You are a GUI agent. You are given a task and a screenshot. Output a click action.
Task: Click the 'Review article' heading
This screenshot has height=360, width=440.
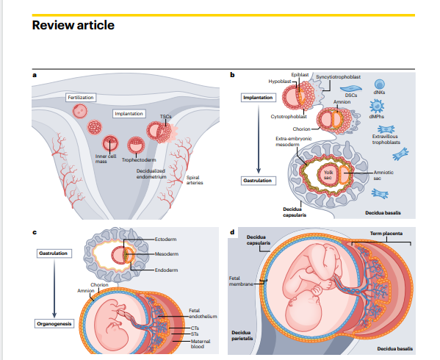point(73,25)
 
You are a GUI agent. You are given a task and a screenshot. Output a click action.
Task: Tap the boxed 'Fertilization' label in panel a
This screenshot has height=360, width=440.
point(81,98)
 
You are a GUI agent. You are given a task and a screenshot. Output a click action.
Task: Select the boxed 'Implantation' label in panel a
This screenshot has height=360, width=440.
point(129,114)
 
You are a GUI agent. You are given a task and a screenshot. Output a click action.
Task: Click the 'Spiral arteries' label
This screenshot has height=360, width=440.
point(195,180)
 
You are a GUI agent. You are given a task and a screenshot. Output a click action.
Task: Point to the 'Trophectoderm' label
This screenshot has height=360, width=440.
point(139,160)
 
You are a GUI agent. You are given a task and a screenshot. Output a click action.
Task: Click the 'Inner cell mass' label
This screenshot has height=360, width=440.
point(106,159)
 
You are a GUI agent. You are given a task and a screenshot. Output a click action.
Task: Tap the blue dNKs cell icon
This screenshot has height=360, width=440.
point(379,84)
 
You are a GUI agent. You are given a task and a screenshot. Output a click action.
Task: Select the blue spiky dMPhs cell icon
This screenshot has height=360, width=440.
point(377,107)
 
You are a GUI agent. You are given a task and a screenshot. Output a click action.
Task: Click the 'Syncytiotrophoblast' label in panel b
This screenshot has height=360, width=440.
point(338,77)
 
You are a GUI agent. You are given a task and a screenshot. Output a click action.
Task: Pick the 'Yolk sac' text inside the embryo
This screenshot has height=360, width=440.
point(328,175)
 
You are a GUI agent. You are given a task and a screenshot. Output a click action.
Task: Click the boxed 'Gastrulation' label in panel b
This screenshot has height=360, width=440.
point(259,181)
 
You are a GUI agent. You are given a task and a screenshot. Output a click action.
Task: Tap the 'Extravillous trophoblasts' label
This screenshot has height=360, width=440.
point(386,139)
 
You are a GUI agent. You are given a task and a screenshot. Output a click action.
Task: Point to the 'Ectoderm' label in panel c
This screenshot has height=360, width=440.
point(165,240)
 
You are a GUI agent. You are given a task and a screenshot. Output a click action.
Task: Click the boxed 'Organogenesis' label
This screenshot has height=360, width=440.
point(54,324)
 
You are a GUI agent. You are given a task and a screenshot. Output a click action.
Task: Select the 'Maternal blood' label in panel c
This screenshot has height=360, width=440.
point(201,344)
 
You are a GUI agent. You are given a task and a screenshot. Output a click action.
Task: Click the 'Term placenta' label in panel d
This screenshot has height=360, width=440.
point(386,234)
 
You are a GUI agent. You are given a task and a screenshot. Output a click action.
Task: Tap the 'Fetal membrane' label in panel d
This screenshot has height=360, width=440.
point(241,281)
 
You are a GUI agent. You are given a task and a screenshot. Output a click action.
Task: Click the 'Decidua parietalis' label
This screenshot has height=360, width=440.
point(242,336)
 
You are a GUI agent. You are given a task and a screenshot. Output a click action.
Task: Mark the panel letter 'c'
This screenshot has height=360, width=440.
point(35,232)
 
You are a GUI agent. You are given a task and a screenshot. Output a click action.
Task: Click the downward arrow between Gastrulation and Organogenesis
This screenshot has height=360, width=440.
point(54,288)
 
